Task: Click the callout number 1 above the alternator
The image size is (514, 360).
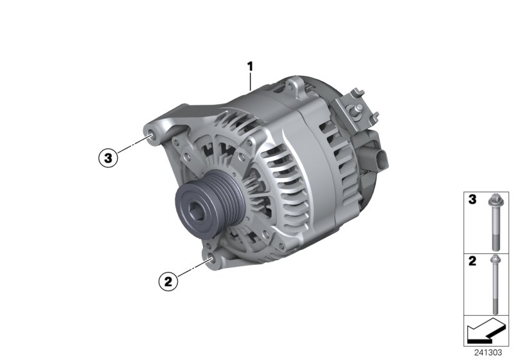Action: pos(251,66)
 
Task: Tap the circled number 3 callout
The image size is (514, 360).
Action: pos(108,156)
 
